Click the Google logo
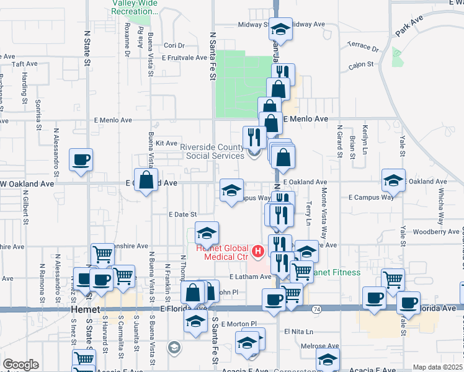tap(20, 364)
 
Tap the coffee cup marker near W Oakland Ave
tap(81, 161)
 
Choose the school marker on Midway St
tap(281, 30)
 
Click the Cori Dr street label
tap(174, 45)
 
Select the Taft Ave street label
tap(25, 64)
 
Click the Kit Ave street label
tap(166, 143)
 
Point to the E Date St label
tap(182, 214)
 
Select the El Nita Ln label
tap(298, 332)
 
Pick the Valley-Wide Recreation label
tap(135, 7)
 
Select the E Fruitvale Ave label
tap(184, 58)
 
